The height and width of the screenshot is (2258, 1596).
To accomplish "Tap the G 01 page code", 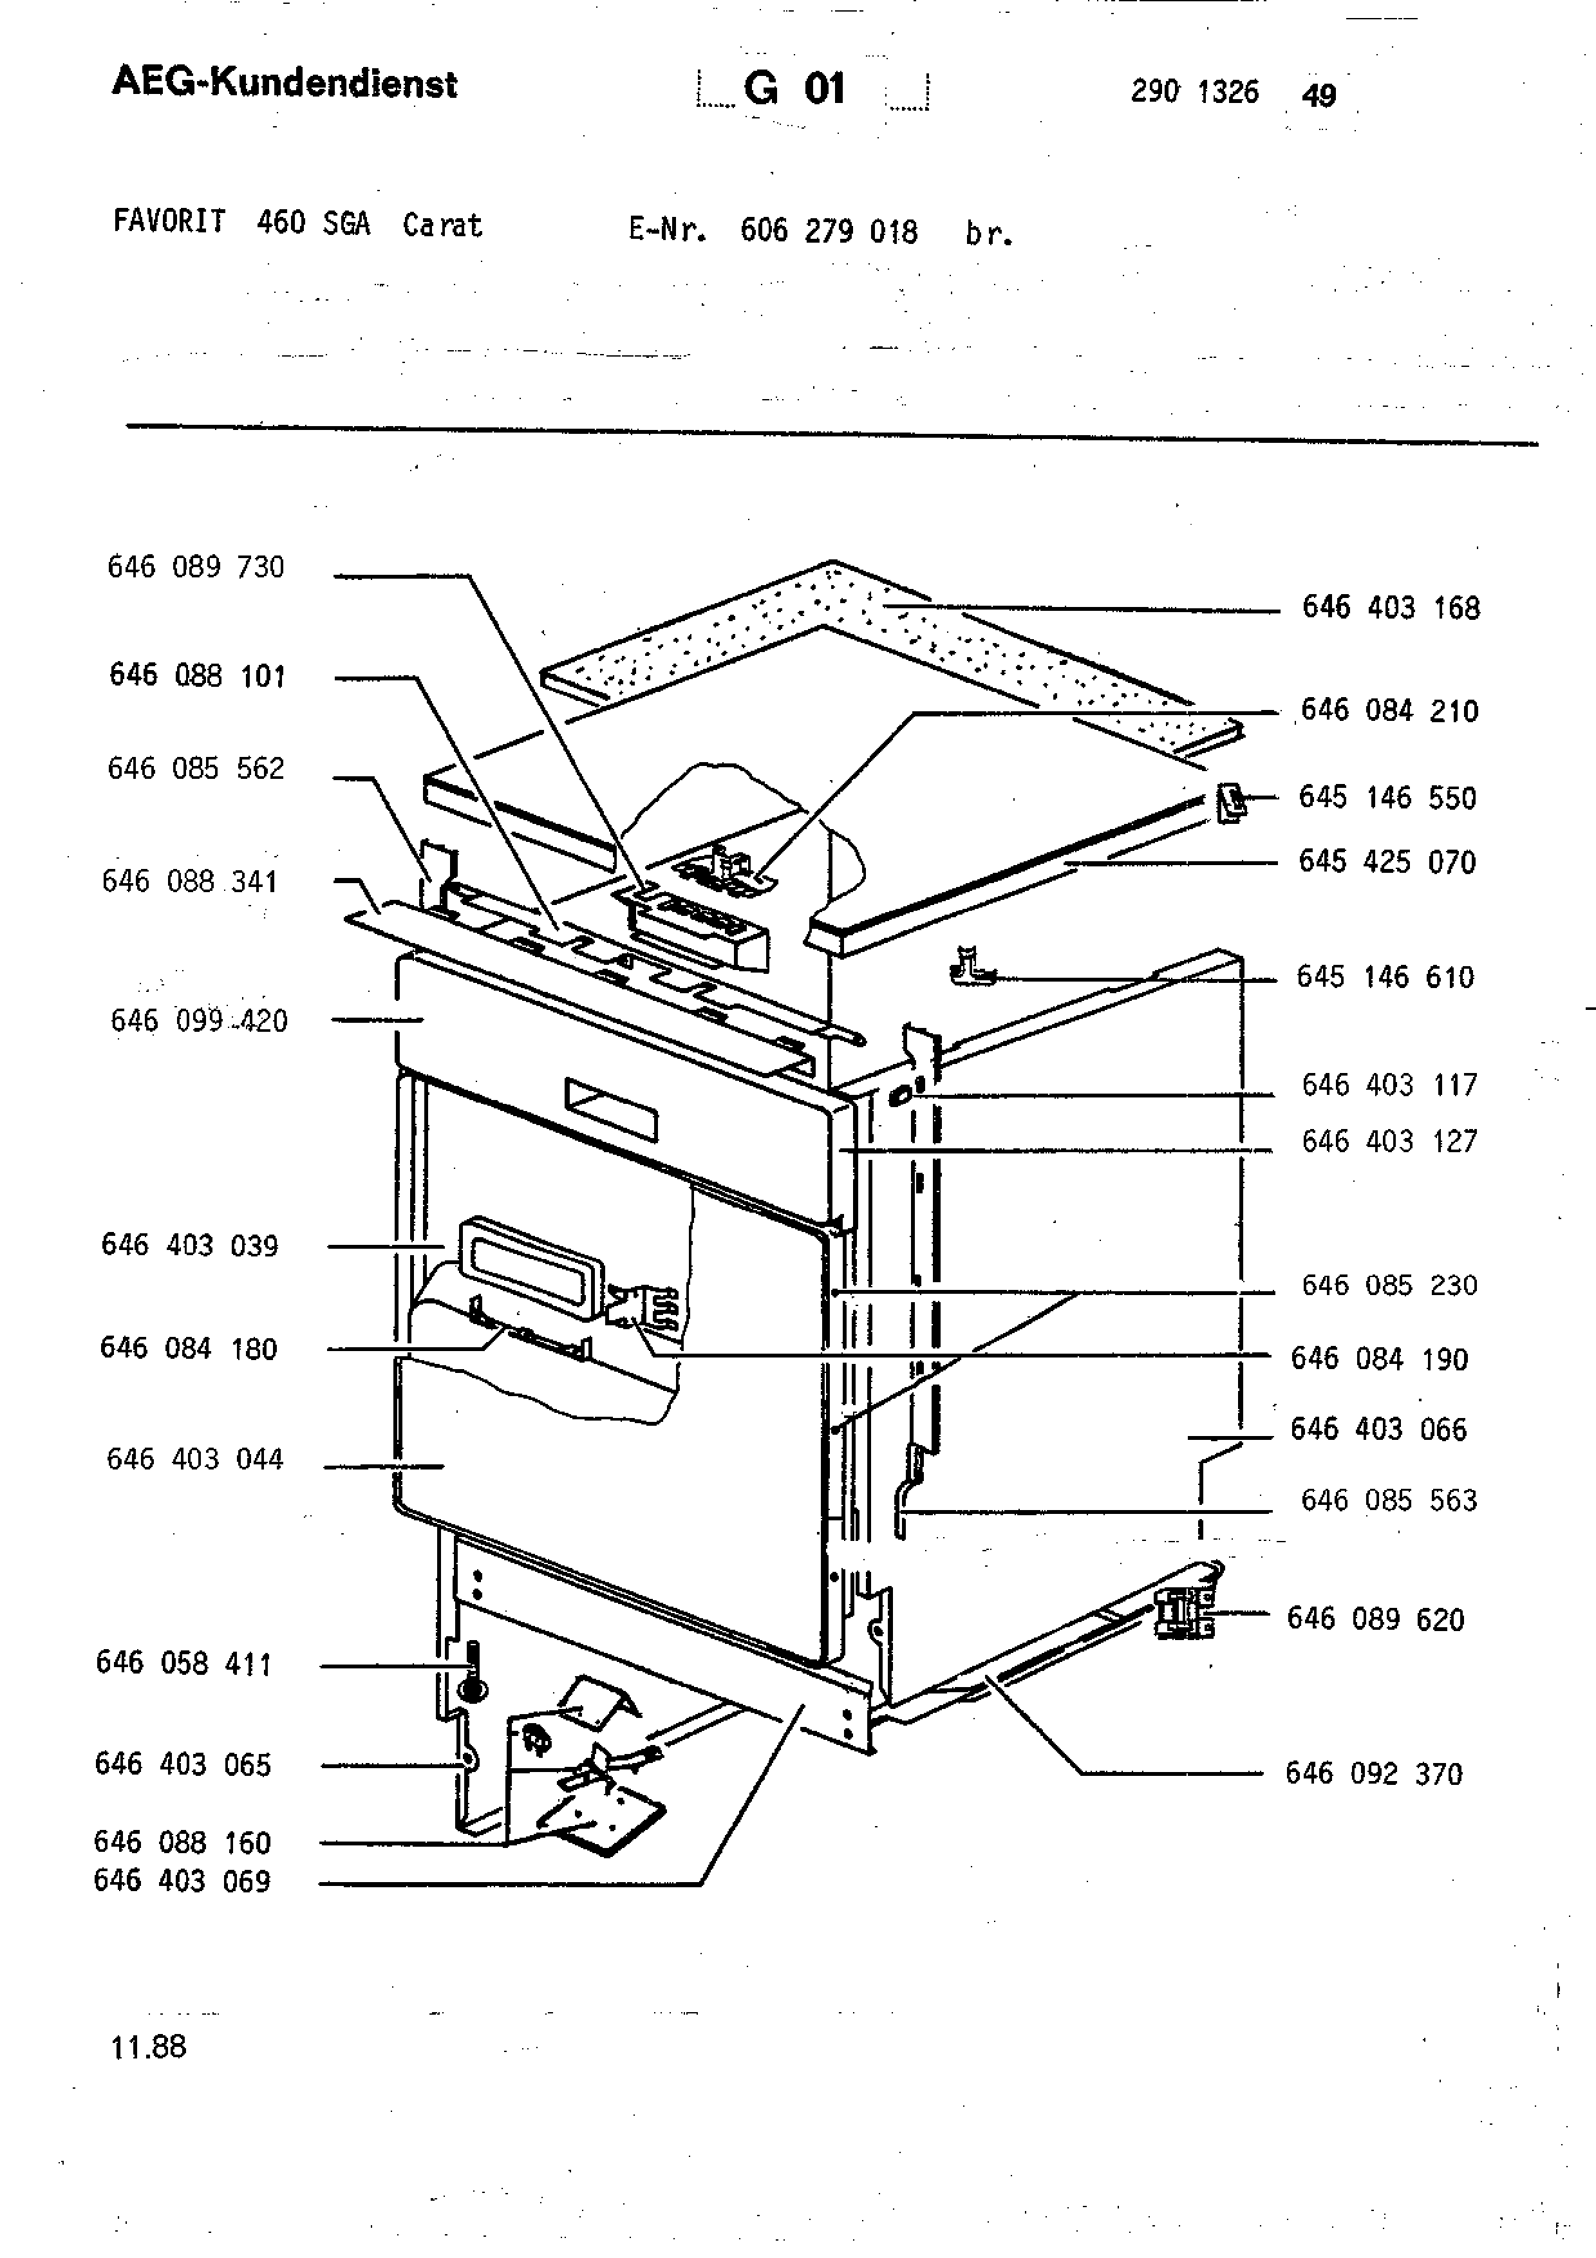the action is coord(794,89).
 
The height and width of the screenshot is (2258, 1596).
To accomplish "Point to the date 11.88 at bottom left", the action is coord(149,2047).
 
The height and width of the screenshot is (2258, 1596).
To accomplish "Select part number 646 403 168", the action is coord(1391,607).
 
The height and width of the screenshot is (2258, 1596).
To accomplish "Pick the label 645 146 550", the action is coord(1387,797).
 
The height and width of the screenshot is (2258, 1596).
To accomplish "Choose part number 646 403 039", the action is coord(190,1245).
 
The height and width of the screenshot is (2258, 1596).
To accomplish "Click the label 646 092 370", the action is coord(1374,1773).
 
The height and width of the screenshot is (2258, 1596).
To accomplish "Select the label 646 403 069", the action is coord(182,1880).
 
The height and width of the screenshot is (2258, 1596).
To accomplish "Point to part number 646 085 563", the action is coord(1389,1500).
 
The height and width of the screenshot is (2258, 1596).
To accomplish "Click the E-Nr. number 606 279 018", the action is coord(829,231).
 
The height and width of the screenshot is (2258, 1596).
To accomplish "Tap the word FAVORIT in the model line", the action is coord(169,221).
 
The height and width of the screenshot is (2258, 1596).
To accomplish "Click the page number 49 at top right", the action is coord(1319,95).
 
